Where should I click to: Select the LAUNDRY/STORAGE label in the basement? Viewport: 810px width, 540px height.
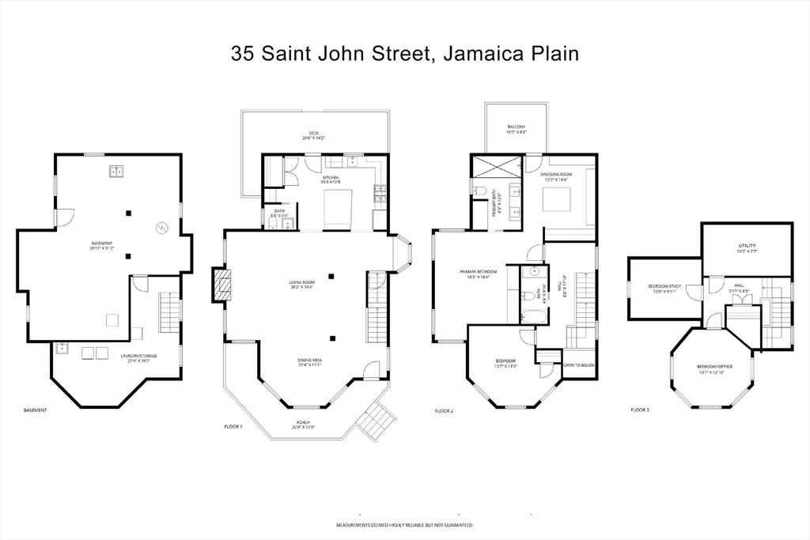pyautogui.click(x=138, y=357)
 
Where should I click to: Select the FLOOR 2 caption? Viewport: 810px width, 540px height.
pyautogui.click(x=444, y=410)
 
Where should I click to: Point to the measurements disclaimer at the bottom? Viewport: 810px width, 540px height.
pyautogui.click(x=404, y=525)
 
